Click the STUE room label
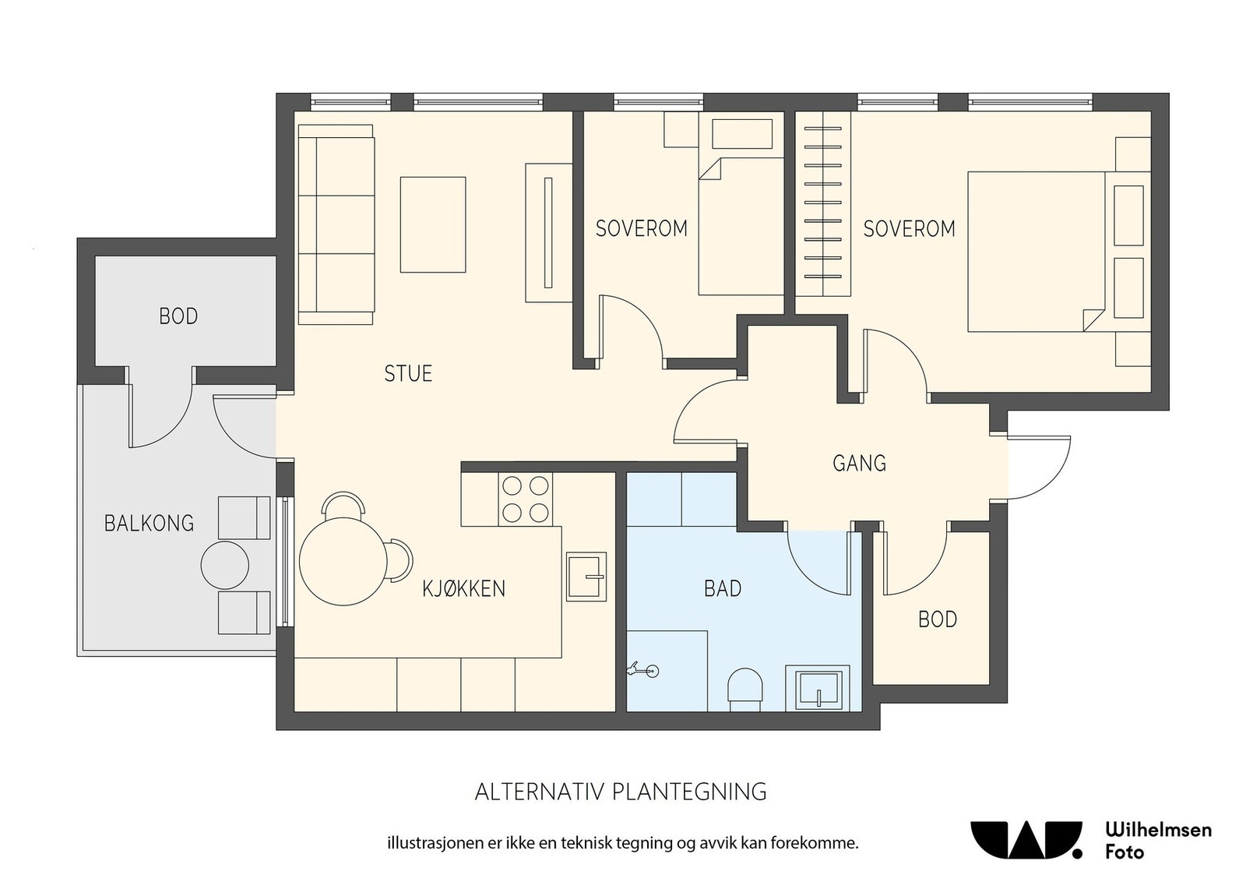click(x=408, y=373)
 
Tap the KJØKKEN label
click(x=463, y=588)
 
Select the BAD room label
click(x=723, y=588)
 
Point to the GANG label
click(x=859, y=463)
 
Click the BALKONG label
click(x=149, y=523)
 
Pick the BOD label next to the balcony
click(x=178, y=316)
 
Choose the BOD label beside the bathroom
click(x=938, y=619)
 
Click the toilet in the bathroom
click(x=745, y=690)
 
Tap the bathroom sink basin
click(x=818, y=688)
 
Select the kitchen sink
click(x=586, y=577)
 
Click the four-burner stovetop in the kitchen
click(x=525, y=499)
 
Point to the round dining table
click(x=343, y=561)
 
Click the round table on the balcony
click(x=225, y=565)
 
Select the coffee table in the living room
click(x=433, y=225)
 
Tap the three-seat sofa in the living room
click(x=336, y=224)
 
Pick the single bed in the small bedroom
click(x=741, y=227)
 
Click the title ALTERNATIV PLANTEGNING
click(x=621, y=792)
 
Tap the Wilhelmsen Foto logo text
click(x=1158, y=841)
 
